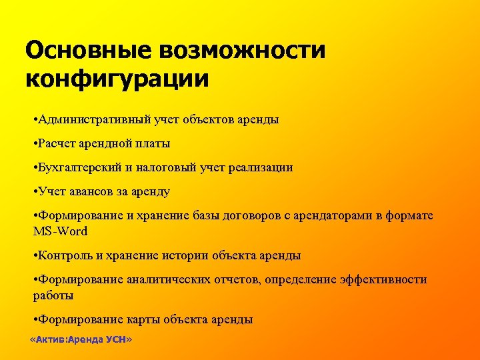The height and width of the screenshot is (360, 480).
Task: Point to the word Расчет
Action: pos(57,143)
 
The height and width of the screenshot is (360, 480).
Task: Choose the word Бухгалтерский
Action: pos(79,167)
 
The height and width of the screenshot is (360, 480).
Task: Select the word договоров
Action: pos(243,215)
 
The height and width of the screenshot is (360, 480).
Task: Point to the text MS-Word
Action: pos(60,231)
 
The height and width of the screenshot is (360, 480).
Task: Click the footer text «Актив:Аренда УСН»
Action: pos(81,339)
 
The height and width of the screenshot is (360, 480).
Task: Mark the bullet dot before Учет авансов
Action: pos(35,191)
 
